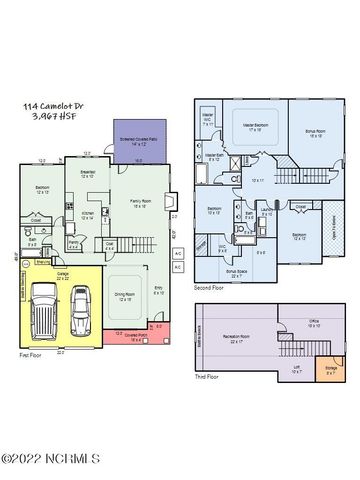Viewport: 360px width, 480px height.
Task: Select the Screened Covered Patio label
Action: [140, 138]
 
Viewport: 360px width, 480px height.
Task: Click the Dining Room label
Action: [125, 293]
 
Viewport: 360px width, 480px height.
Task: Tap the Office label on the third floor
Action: [313, 322]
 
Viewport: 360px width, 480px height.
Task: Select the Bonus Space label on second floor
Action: [236, 272]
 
